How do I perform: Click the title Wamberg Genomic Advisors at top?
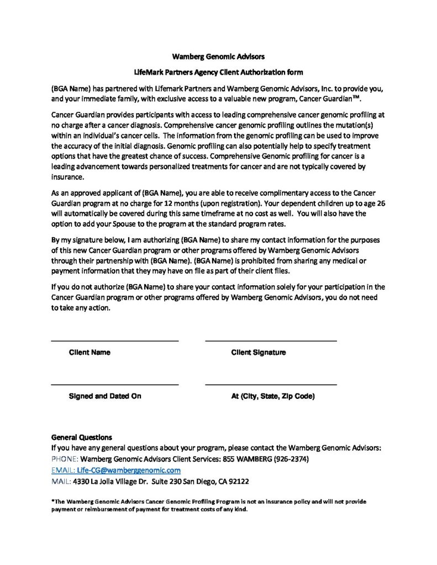point(218,56)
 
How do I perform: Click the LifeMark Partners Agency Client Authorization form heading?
point(218,72)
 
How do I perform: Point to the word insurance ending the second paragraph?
point(67,177)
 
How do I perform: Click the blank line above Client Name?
point(114,341)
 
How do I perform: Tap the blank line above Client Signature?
point(271,341)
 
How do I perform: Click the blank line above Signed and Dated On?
point(114,384)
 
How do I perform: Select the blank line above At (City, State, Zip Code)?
point(271,384)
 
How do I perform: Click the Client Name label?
point(89,353)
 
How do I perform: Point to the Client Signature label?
point(258,353)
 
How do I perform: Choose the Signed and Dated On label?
point(105,396)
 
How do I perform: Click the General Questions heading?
point(81,437)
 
